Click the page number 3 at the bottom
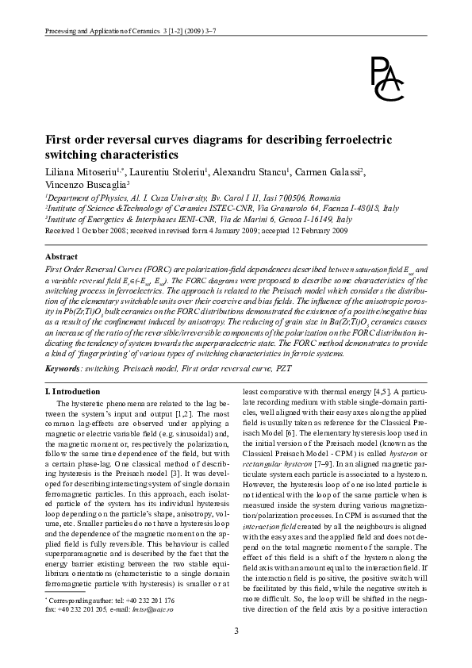236,631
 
